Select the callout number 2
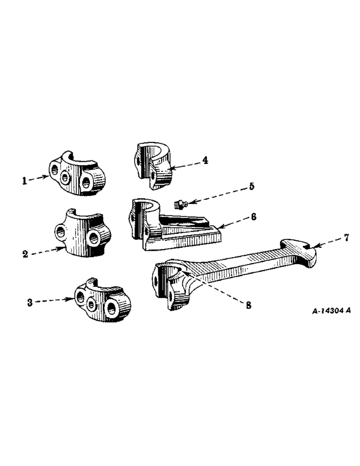(25, 254)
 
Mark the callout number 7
(346, 238)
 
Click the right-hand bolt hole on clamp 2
(95, 239)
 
